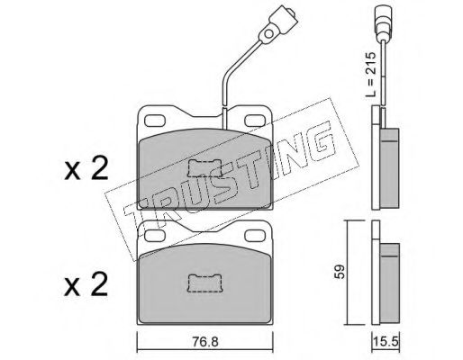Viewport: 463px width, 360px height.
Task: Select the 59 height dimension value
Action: coord(340,272)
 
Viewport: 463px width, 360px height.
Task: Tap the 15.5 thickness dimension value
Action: coord(386,341)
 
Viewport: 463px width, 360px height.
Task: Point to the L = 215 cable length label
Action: coord(370,75)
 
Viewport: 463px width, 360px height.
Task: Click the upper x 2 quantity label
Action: coord(86,168)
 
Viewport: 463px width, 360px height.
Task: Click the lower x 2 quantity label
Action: coord(86,284)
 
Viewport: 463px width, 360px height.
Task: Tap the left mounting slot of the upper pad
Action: coord(155,121)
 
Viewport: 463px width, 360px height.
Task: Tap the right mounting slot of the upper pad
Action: coord(256,121)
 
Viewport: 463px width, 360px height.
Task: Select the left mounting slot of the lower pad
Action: coord(155,236)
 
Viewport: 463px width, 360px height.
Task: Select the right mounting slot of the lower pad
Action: coord(256,236)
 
